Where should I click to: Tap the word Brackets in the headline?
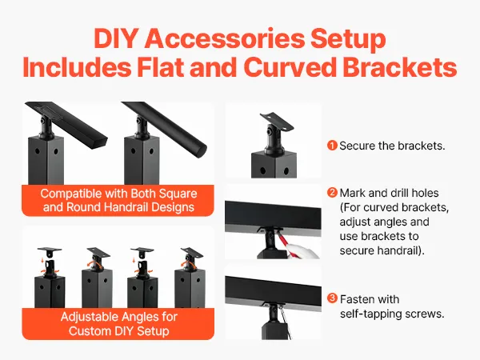[399, 67]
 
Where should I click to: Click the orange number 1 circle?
[332, 146]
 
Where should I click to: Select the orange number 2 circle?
[332, 193]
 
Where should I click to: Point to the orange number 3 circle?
[332, 298]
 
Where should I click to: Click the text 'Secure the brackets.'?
[392, 146]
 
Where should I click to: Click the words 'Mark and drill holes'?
[389, 193]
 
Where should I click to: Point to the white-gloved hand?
[303, 250]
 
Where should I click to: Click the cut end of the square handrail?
[99, 142]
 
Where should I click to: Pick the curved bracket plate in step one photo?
[277, 121]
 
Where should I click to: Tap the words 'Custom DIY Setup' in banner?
[118, 331]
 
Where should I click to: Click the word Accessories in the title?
[224, 38]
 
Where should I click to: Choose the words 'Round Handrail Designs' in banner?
[130, 207]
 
